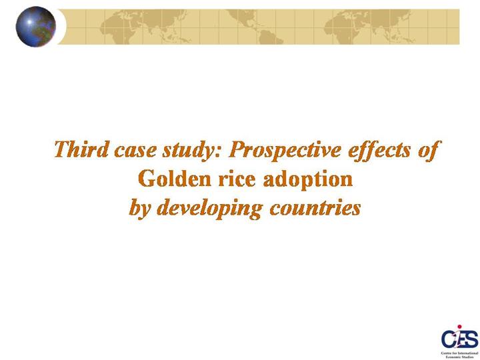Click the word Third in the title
pos(81,149)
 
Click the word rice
pos(237,179)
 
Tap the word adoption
pos(308,180)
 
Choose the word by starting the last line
pos(140,209)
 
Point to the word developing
pos(210,209)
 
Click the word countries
pos(315,208)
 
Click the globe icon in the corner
pos(36,27)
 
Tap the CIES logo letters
pos(459,339)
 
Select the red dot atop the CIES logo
pos(459,327)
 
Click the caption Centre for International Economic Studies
pos(459,355)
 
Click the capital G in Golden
pos(145,179)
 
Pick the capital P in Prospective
pos(237,150)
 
